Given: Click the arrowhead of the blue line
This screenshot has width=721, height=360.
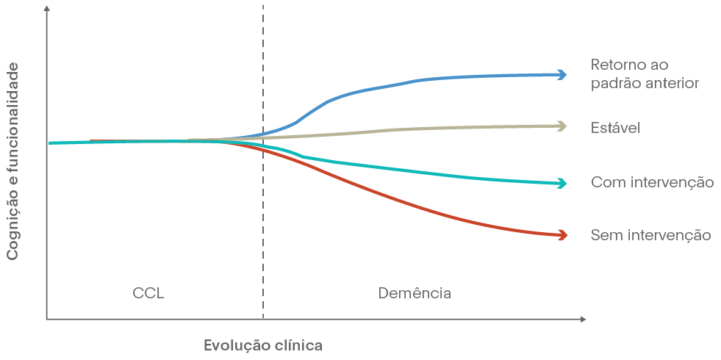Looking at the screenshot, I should [x=562, y=74].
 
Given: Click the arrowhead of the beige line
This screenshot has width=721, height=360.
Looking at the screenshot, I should [x=562, y=126].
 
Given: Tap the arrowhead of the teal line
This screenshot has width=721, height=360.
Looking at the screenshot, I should [x=562, y=183].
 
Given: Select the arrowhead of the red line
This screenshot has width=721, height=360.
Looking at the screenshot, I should [x=562, y=235].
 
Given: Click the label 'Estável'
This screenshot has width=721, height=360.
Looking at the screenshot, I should [x=615, y=128].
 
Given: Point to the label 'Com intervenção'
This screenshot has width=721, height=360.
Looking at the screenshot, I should [x=652, y=182].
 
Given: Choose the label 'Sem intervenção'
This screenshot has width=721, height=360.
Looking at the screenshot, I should [x=650, y=236].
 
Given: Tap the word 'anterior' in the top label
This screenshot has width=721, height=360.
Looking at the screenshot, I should [x=670, y=83].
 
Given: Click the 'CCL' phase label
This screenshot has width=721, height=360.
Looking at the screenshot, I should [x=148, y=293].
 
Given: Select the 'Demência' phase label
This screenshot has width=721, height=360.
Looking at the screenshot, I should [x=415, y=293].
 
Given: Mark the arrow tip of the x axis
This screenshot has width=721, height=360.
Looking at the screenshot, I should [x=584, y=320].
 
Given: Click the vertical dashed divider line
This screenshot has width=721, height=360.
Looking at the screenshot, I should [x=262, y=220].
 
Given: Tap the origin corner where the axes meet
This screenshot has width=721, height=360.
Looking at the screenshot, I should [x=47, y=320].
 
